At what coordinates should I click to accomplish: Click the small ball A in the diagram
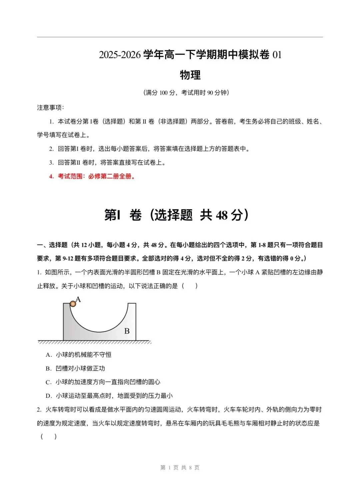[73, 304]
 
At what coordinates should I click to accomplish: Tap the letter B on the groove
[127, 331]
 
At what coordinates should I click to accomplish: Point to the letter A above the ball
[78, 299]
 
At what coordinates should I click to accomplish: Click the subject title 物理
[190, 75]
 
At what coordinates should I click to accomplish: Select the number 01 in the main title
[277, 55]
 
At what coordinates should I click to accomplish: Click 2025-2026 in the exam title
[120, 55]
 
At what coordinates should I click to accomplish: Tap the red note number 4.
[51, 177]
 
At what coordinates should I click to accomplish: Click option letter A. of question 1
[49, 355]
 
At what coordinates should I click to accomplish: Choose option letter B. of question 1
[49, 368]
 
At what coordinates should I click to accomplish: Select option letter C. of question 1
[49, 382]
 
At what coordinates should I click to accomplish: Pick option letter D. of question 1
[49, 396]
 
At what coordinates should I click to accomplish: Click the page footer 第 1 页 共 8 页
[180, 468]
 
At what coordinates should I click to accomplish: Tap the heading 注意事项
[50, 108]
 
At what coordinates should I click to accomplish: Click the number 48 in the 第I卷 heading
[222, 215]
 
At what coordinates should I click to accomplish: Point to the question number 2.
[39, 410]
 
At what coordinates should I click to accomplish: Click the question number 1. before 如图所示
[39, 272]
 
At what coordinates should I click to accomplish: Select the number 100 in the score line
[163, 93]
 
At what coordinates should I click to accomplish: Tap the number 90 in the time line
[210, 93]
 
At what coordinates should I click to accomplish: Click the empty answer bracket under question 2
[49, 436]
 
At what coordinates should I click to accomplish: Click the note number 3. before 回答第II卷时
[51, 163]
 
